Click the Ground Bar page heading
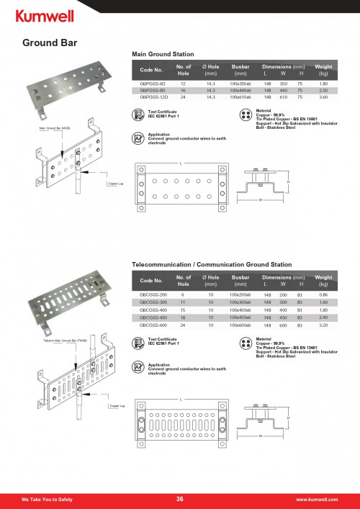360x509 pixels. (50, 42)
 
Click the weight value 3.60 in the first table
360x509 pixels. (323, 96)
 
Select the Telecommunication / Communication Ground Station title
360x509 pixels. (212, 266)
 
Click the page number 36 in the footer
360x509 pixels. (180, 498)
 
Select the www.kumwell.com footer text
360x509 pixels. (317, 499)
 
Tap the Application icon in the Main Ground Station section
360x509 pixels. (138, 138)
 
